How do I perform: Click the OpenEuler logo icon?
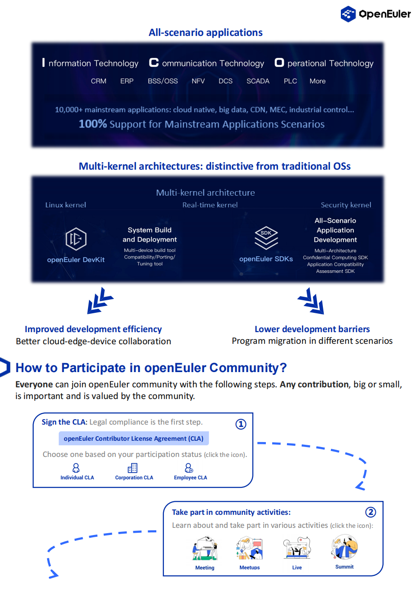pos(348,14)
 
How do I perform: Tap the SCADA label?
pos(258,81)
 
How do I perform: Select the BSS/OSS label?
pos(163,81)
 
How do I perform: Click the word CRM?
pos(98,81)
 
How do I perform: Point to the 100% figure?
pos(93,124)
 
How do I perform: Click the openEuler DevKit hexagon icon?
pos(76,239)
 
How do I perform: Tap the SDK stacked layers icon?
pos(266,237)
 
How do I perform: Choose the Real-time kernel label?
pos(210,205)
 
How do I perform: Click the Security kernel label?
pos(346,205)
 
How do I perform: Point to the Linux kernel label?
pos(66,205)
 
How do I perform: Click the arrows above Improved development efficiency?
pos(100,301)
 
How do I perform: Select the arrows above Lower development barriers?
pos(311,301)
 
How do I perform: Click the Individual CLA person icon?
pos(76,468)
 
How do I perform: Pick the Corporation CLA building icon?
pos(132,468)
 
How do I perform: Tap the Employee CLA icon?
pos(189,468)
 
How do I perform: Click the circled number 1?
pos(241,424)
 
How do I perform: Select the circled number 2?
pos(370,512)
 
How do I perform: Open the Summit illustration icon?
pos(344,547)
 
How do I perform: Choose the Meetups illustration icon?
pos(249,548)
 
